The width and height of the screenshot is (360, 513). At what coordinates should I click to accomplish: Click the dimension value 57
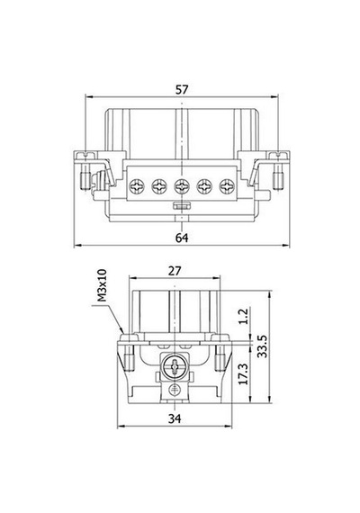coord(182,90)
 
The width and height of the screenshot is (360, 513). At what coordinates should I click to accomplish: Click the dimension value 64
coord(182,238)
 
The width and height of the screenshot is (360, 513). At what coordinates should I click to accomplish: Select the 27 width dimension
coord(175,271)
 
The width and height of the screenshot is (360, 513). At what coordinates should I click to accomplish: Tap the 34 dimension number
coord(175,418)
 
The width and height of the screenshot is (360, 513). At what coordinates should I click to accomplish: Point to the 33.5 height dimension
coord(263,346)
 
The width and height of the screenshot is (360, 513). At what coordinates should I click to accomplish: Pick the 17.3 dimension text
coord(244,373)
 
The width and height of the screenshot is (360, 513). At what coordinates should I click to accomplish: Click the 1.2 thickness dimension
coord(244,317)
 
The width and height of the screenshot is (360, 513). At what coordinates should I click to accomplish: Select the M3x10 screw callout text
coord(102,285)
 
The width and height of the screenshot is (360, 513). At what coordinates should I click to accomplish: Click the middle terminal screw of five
coord(182,187)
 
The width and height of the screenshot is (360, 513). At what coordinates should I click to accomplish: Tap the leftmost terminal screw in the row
coord(137,187)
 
